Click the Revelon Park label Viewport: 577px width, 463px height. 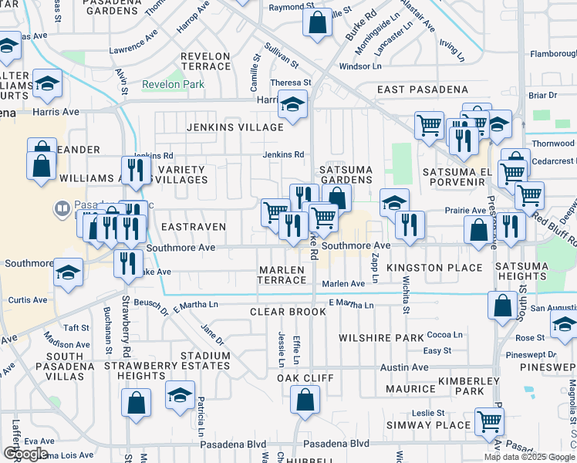pos(174,84)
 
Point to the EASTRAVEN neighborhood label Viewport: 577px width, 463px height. pos(194,227)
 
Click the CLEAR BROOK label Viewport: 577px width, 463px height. pos(281,313)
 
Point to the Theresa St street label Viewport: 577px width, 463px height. pos(290,83)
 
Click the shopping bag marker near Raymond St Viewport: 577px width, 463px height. pos(317,23)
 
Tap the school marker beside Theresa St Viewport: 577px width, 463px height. pos(292,103)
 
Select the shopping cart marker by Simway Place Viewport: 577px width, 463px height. pos(489,421)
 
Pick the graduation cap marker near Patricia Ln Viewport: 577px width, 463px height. pos(181,396)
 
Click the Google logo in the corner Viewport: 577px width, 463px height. pos(25,454)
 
